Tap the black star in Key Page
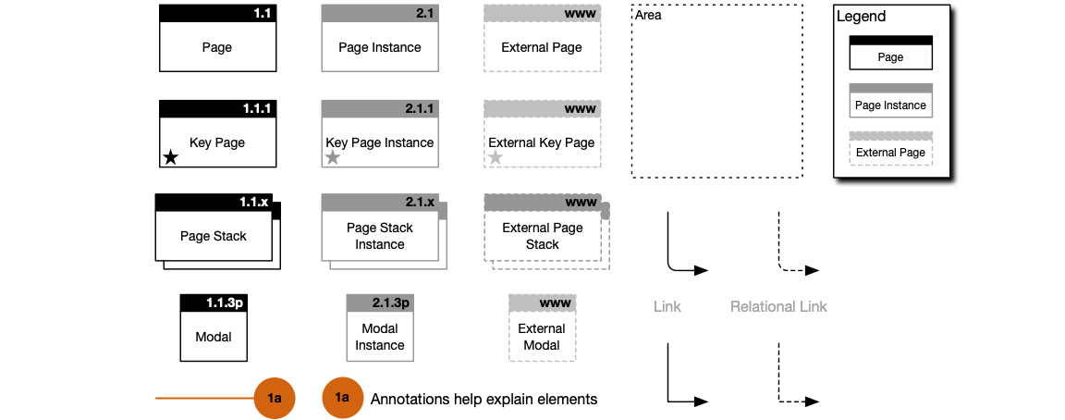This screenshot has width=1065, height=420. point(170,157)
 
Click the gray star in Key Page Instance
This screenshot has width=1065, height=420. point(333,158)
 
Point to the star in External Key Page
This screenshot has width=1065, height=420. point(496,158)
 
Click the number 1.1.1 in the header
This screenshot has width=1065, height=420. point(258,108)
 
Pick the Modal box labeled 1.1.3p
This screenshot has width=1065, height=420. point(214,328)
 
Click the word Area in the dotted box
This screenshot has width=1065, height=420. point(648,16)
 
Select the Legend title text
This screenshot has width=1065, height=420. point(861,17)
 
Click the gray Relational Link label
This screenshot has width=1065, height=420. point(778,306)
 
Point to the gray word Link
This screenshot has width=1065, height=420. point(667,306)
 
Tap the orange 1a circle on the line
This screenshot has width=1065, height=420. point(275,399)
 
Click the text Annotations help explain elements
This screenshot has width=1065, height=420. point(484,399)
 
